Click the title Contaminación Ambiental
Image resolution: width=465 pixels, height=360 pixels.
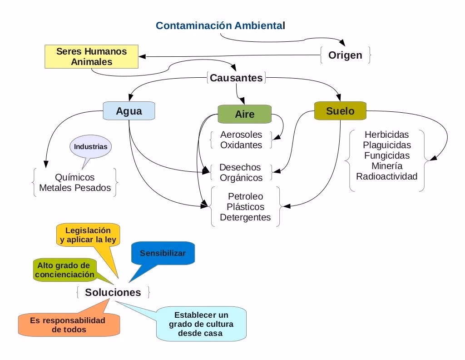coord(220,25)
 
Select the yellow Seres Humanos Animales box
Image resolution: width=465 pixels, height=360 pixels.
coord(92,56)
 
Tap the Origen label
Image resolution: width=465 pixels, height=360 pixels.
coord(345,55)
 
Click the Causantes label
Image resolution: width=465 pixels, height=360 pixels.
coord(236,78)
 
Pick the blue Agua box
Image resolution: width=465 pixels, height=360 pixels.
coord(129,111)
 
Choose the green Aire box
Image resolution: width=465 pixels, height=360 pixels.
coord(244,114)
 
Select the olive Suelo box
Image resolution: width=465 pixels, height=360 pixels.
coord(340,111)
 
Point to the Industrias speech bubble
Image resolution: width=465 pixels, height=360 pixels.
coord(91,147)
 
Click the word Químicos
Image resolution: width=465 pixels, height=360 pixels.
coord(74,177)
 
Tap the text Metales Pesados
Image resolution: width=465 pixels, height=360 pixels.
coord(75,188)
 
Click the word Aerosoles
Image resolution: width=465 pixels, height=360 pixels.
coord(241,135)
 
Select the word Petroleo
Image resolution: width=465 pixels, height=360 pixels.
coord(245,197)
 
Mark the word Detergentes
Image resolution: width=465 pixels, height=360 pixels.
coord(245,217)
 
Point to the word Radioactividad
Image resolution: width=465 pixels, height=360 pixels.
coord(386,176)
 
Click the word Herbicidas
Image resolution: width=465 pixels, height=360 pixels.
coord(386,135)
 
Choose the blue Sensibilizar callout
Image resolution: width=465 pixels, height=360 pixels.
coord(163,253)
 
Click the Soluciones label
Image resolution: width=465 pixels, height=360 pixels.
coord(113,292)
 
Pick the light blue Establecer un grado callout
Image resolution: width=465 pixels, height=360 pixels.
coord(201,324)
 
